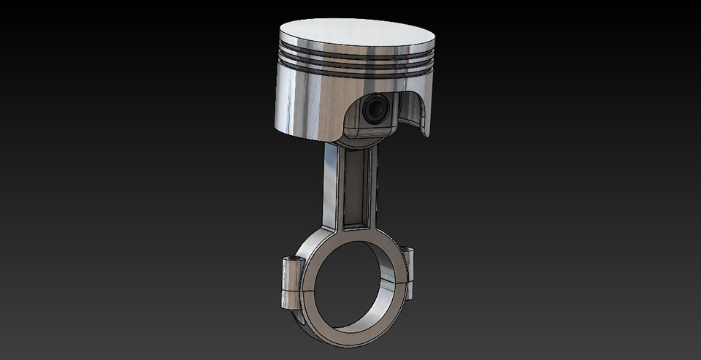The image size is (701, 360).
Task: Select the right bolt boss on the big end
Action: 407,274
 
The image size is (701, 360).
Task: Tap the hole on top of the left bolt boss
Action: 293,259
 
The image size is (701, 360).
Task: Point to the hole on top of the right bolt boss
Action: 407,250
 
